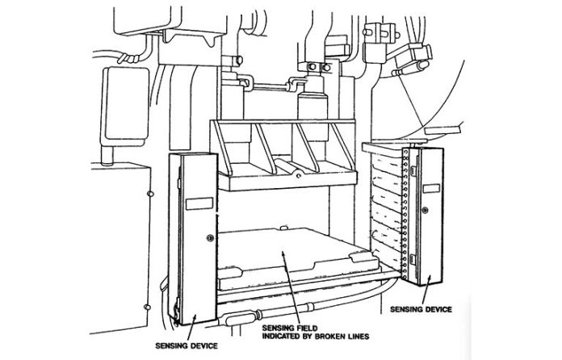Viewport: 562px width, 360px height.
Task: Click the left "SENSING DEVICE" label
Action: [x=187, y=345]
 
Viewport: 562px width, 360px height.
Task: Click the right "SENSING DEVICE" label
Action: [x=421, y=309]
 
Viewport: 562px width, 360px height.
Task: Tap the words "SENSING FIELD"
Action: [x=290, y=328]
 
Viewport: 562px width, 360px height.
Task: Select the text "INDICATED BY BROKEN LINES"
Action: [x=316, y=337]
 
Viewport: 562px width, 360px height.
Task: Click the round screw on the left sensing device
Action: [x=210, y=238]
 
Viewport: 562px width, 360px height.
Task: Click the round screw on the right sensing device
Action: [x=425, y=210]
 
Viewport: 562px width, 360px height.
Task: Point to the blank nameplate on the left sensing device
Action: [x=199, y=203]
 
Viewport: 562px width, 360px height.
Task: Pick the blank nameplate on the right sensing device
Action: [x=431, y=188]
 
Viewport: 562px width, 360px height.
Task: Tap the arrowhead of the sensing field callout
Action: [x=283, y=254]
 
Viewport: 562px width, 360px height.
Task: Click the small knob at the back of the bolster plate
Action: [x=283, y=227]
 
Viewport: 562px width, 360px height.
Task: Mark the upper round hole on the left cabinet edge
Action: [x=151, y=194]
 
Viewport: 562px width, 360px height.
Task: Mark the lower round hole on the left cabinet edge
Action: [x=147, y=307]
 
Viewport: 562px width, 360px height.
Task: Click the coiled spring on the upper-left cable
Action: [x=129, y=58]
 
